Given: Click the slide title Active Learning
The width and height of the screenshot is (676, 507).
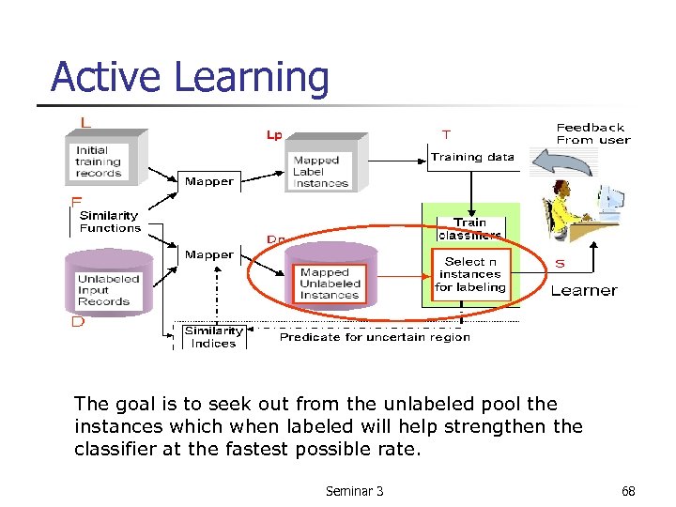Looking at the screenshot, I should click(190, 77).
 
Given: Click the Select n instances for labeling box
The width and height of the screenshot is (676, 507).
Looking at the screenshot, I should click(469, 274).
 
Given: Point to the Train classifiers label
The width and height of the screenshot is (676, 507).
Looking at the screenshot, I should click(469, 228).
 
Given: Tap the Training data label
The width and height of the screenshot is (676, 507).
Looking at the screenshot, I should click(472, 157).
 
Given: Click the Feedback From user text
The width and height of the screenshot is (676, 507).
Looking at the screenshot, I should click(592, 133).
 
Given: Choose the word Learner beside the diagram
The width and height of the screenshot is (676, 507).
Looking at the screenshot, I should click(584, 291).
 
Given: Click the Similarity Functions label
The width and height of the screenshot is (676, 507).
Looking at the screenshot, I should click(110, 222).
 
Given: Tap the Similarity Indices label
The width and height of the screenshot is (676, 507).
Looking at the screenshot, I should click(213, 337).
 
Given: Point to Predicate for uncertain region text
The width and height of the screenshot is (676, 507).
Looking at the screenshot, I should click(375, 337).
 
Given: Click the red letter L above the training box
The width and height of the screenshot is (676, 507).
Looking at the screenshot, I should click(85, 122).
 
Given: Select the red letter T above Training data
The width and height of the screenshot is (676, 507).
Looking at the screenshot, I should click(445, 134).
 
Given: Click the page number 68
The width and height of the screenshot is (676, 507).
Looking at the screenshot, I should click(628, 491).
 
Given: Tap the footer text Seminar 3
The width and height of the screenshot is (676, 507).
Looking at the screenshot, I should click(354, 491).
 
